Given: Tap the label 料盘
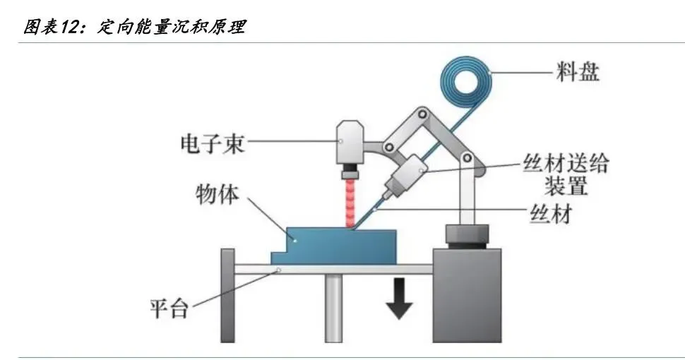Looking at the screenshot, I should [577, 72].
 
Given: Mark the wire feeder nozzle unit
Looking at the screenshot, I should [401, 176].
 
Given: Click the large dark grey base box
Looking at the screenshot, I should [466, 294].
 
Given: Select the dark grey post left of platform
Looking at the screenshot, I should [227, 294].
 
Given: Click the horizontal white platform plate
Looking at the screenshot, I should [332, 269].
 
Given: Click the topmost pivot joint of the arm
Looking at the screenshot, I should [422, 114].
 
